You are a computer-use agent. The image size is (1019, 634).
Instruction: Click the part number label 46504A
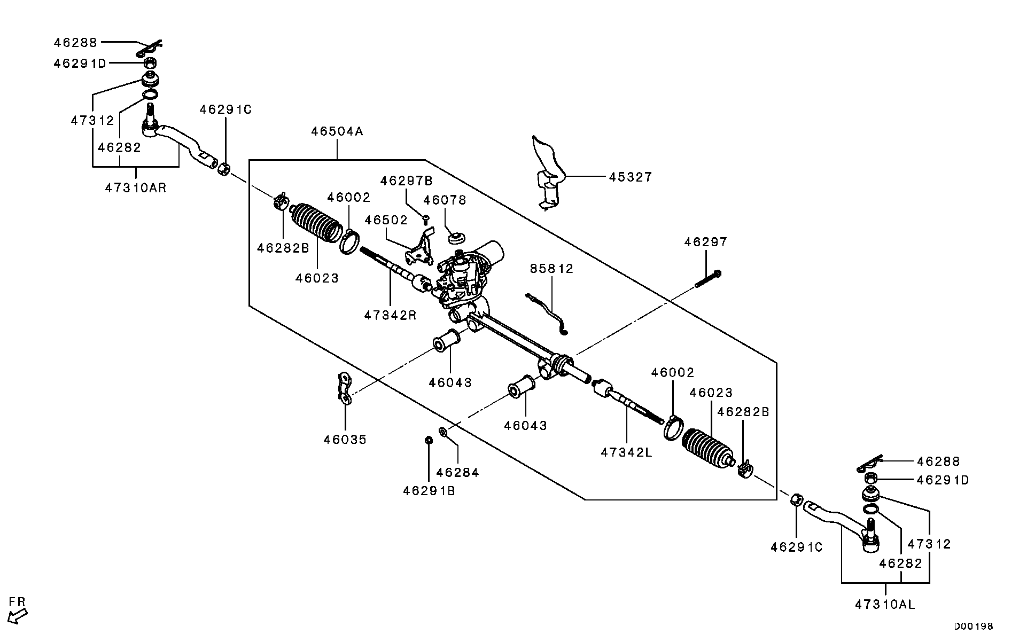(337, 131)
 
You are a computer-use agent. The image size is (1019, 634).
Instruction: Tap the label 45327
(631, 177)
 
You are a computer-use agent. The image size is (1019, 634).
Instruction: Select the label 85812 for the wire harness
(551, 269)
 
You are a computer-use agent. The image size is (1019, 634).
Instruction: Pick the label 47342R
(390, 315)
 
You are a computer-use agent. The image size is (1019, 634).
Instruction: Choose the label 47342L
(626, 452)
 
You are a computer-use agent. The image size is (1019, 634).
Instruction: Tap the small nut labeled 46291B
(428, 440)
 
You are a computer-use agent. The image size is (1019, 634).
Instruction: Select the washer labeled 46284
(444, 431)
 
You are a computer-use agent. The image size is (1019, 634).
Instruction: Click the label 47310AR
(136, 187)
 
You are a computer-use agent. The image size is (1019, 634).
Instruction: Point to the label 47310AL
(885, 605)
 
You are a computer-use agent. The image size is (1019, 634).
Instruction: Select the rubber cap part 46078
(456, 237)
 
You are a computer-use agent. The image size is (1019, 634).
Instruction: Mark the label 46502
(386, 220)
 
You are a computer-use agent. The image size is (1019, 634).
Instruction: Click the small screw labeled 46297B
(426, 218)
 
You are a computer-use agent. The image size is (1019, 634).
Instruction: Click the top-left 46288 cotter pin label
(75, 42)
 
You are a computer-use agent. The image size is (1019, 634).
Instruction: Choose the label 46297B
(406, 181)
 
